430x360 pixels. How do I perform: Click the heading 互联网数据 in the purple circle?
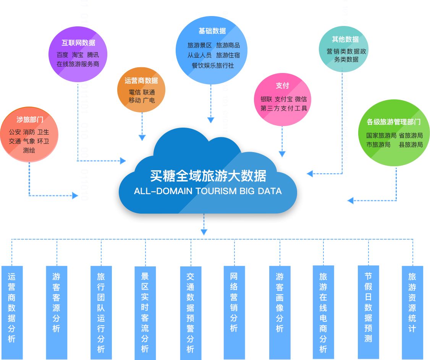(79, 43)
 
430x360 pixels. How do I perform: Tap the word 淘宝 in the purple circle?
(78, 55)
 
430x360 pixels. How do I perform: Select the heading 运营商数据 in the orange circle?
(141, 81)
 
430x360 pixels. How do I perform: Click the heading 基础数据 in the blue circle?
(212, 31)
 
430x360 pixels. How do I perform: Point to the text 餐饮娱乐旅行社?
(213, 65)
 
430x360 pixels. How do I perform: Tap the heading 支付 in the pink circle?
(282, 86)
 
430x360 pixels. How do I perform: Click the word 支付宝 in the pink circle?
(283, 99)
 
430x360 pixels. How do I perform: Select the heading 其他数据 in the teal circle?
(345, 39)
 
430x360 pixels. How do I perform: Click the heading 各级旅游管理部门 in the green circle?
(394, 122)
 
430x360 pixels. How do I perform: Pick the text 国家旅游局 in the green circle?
(381, 135)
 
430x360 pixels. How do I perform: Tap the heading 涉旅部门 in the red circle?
(30, 120)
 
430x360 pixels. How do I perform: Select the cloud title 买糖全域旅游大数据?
(208, 176)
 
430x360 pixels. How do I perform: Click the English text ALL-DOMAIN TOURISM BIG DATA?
(208, 191)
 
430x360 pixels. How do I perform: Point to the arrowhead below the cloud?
(204, 232)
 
